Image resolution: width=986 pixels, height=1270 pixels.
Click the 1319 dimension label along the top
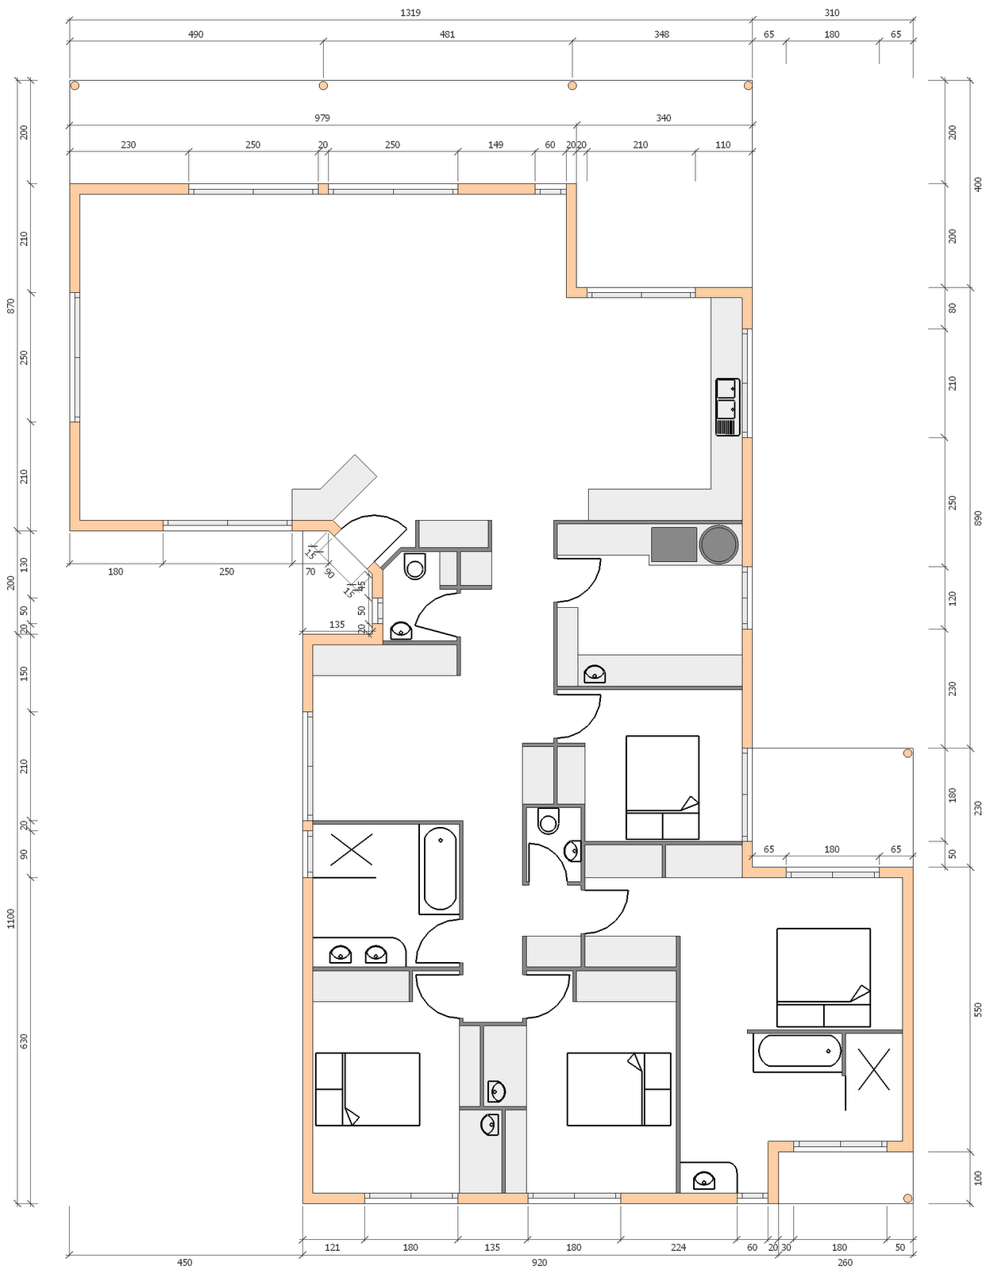410,13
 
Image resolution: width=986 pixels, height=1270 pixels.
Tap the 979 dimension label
322,118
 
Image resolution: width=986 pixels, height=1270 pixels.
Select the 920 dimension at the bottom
539,1262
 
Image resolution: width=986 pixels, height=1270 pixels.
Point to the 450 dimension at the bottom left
184,1262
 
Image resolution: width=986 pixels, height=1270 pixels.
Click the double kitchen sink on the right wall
726,407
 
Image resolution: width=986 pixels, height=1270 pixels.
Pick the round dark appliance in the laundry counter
718,545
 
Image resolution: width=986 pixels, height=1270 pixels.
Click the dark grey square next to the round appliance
673,545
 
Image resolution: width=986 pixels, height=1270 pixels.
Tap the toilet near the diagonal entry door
414,567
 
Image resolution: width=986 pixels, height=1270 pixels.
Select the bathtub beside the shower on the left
440,868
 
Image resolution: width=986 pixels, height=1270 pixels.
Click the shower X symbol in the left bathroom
351,849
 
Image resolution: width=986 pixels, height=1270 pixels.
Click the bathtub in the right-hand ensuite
799,1051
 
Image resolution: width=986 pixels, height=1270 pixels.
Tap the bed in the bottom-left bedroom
367,1089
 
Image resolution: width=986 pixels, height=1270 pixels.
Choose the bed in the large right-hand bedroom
823,977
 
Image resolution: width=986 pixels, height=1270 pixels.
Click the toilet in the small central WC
548,821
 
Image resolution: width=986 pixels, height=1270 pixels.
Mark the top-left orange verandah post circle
75,85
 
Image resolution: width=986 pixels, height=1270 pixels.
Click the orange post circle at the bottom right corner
907,1198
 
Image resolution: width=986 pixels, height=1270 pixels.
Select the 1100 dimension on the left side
11,918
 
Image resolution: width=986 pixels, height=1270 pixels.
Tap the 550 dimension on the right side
977,1010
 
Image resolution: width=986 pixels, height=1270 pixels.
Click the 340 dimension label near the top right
663,118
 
